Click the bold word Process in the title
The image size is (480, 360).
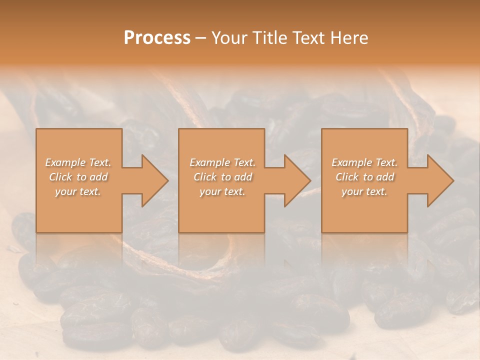(x=157, y=38)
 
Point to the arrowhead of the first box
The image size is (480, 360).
(x=154, y=180)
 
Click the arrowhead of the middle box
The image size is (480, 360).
(x=297, y=180)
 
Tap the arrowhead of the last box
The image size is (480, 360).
(x=440, y=180)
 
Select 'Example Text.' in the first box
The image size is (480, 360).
(x=78, y=162)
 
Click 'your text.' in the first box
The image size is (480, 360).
(x=78, y=191)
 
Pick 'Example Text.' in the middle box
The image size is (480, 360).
(x=222, y=162)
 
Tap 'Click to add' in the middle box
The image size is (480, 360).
(x=222, y=177)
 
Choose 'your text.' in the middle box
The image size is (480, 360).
(x=222, y=191)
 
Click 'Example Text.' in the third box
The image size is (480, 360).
(x=364, y=162)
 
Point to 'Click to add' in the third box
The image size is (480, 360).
(x=364, y=177)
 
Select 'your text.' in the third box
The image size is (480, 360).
(x=364, y=191)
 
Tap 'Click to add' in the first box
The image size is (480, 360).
(x=78, y=177)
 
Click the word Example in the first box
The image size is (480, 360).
(x=65, y=162)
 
